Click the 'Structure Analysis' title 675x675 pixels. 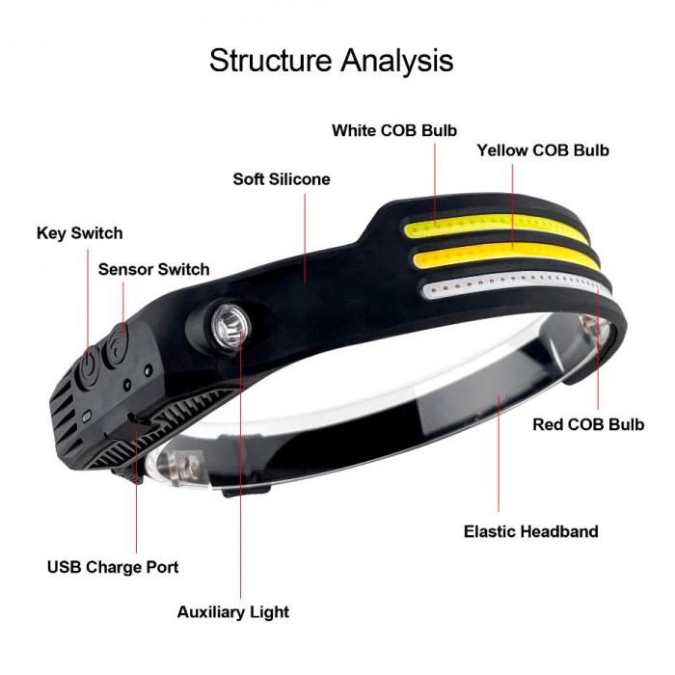331,61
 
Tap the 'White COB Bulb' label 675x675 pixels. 394,130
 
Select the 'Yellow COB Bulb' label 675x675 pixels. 543,150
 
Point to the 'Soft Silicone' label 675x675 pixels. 282,179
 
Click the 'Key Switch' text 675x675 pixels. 80,233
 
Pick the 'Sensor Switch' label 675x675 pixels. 153,269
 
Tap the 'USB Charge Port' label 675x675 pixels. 113,567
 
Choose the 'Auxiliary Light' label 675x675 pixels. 233,612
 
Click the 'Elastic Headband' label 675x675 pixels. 530,531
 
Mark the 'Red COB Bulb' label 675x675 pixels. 588,424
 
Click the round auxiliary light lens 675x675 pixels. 230,326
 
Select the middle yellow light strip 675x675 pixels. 506,256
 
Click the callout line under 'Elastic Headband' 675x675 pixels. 499,453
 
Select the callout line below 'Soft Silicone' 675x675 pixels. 305,238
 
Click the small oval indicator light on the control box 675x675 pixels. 87,417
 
